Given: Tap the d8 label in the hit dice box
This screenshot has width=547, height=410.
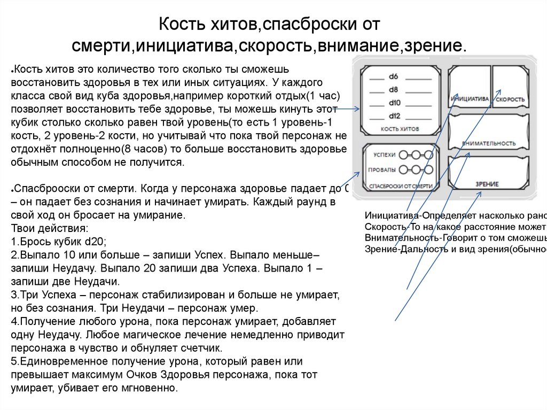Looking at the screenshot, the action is (394, 89).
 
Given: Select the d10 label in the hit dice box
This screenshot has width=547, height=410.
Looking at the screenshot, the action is (395, 102).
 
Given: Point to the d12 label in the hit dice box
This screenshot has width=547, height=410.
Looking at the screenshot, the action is (395, 115).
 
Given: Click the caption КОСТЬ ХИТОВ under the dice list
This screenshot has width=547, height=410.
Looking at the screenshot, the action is (400, 129).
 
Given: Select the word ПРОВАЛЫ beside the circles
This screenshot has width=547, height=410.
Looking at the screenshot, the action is (382, 170).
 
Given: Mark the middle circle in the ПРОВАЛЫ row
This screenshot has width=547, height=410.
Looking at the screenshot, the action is (415, 170).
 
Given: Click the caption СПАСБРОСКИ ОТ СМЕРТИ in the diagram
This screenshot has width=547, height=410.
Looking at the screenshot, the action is (400, 186).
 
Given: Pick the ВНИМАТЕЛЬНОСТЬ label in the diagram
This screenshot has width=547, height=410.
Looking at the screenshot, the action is (488, 143).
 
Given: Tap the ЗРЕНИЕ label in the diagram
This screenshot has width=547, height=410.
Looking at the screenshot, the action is (487, 184).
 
